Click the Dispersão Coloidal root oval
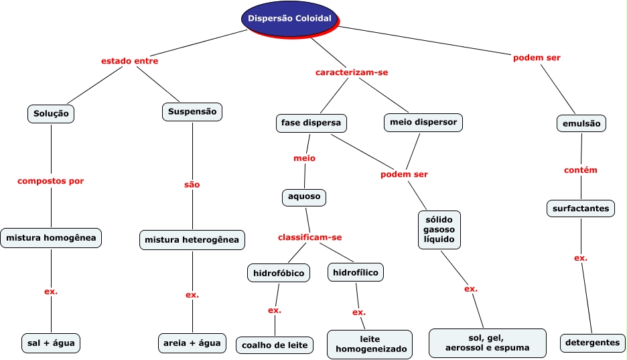coord(289,18)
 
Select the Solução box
coord(52,114)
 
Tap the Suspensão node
coord(192,112)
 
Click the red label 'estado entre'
coord(129,61)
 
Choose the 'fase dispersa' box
coord(310,123)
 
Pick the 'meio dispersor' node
coord(423,123)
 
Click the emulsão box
coord(581,124)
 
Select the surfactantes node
coord(581,208)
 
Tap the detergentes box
coord(592,343)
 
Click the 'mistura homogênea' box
coord(51,237)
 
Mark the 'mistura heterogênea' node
coord(192,239)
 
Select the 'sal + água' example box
coord(51,343)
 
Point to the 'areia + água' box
coord(192,343)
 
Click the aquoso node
coord(304,197)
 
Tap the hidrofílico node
coord(356,272)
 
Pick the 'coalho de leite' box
coord(275,345)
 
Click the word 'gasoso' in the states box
coord(439,230)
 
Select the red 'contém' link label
coord(580,170)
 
